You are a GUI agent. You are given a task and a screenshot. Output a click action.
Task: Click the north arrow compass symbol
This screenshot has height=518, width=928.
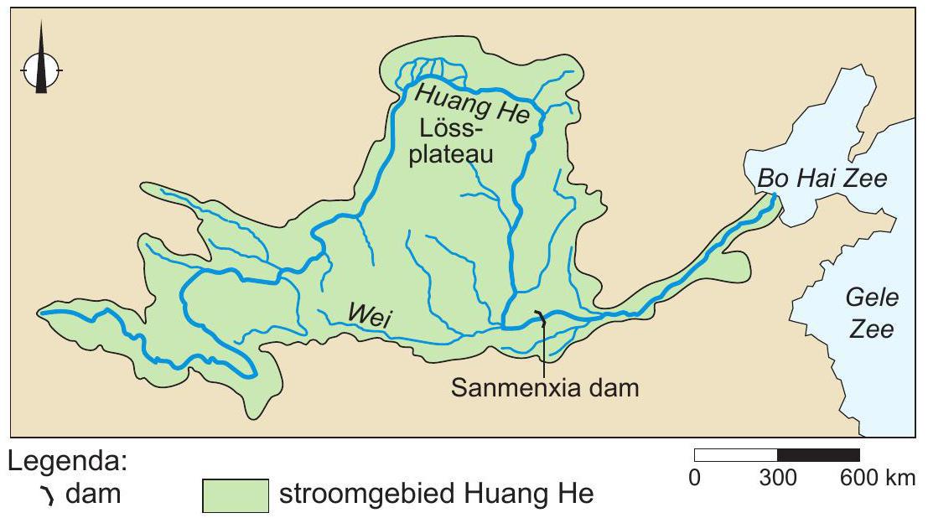(40, 70)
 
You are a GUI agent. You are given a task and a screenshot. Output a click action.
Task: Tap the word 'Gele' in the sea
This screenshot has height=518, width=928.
(871, 298)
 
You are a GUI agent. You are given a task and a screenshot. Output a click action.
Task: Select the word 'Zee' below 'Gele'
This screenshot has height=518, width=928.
(871, 329)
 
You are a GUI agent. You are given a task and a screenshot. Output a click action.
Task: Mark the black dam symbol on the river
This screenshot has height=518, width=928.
(541, 318)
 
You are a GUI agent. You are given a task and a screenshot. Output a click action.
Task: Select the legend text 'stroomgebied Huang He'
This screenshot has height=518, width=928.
(435, 495)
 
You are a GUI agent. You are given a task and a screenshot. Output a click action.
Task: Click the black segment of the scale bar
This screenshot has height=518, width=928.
(818, 455)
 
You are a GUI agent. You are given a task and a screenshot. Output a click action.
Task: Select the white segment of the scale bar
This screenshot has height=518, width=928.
(736, 455)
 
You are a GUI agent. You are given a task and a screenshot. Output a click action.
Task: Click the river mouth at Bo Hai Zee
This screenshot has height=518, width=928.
(773, 197)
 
